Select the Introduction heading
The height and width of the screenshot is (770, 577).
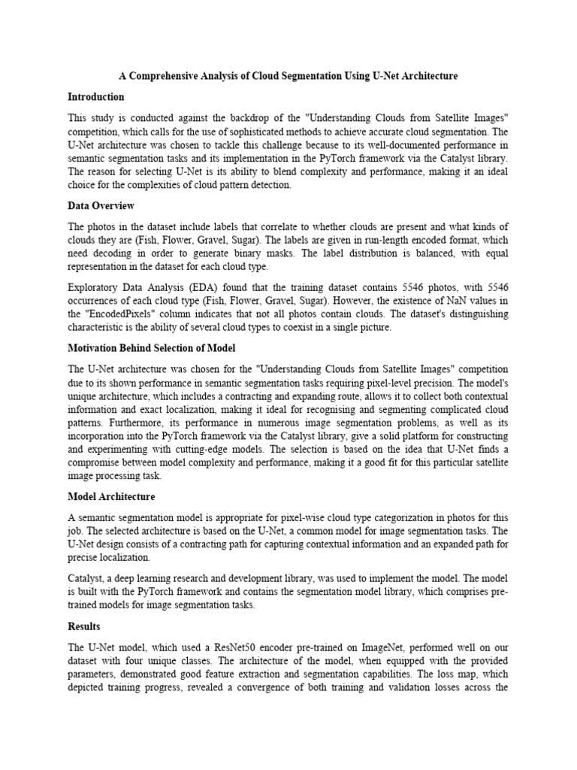coord(96,97)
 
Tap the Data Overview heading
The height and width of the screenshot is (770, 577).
coord(101,205)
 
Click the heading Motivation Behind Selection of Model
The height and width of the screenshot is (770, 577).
coord(152,348)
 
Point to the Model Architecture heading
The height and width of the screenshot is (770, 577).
coord(111,497)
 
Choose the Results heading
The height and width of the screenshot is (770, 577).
coord(84,626)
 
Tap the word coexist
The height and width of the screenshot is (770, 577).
coord(346,328)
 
